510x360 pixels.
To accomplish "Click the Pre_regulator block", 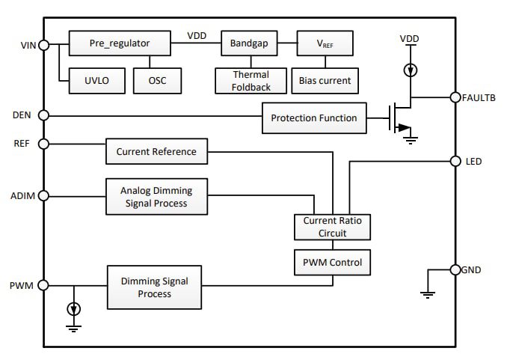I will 120,43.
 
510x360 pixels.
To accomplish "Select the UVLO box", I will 91,80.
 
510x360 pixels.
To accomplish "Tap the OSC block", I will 156,80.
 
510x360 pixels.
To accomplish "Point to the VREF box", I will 325,43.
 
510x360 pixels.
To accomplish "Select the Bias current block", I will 325,80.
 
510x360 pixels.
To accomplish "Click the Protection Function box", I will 314,118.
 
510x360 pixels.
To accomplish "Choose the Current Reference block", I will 156,152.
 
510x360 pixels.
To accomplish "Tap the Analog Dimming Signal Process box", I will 156,198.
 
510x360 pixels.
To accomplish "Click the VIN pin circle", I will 43,45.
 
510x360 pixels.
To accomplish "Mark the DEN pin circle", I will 43,115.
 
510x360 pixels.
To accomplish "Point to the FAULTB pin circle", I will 455,97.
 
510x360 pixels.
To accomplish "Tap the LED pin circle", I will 455,161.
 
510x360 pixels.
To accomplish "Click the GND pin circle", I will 455,270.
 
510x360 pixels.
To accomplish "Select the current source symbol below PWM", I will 73,308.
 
